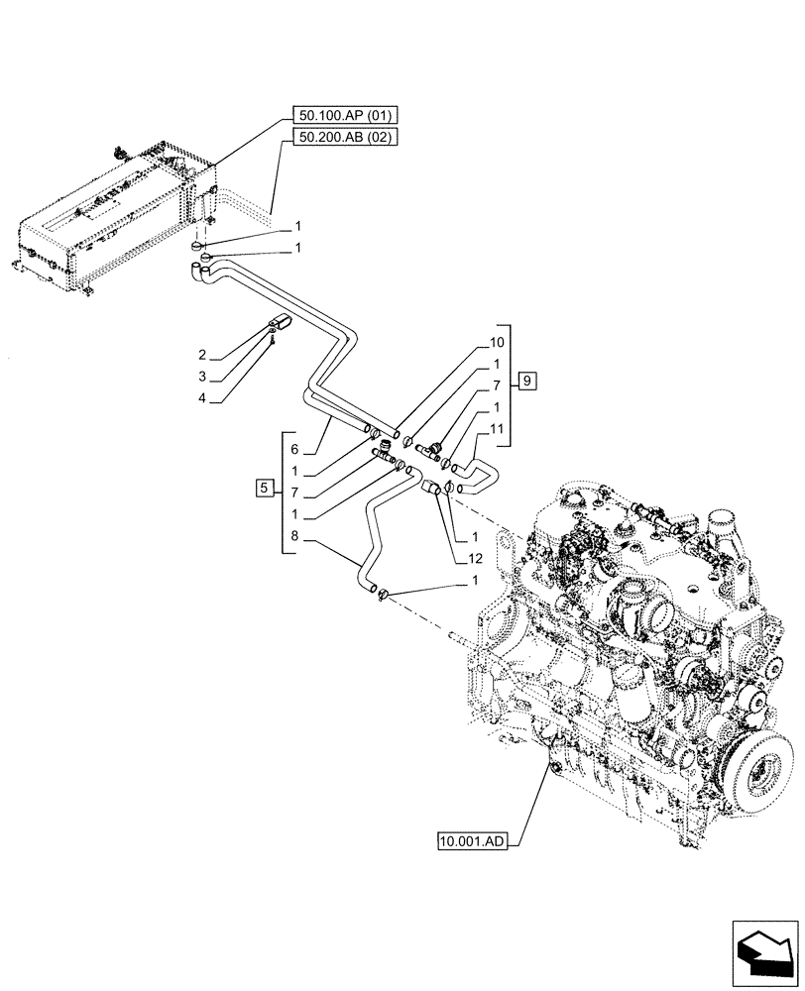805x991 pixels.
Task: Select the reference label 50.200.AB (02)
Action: coord(345,138)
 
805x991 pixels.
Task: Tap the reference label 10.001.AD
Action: coord(471,842)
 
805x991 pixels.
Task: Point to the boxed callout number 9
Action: coord(526,381)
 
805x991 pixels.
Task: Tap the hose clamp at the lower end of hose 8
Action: coord(385,594)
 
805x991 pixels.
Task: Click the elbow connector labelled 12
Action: coord(431,488)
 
